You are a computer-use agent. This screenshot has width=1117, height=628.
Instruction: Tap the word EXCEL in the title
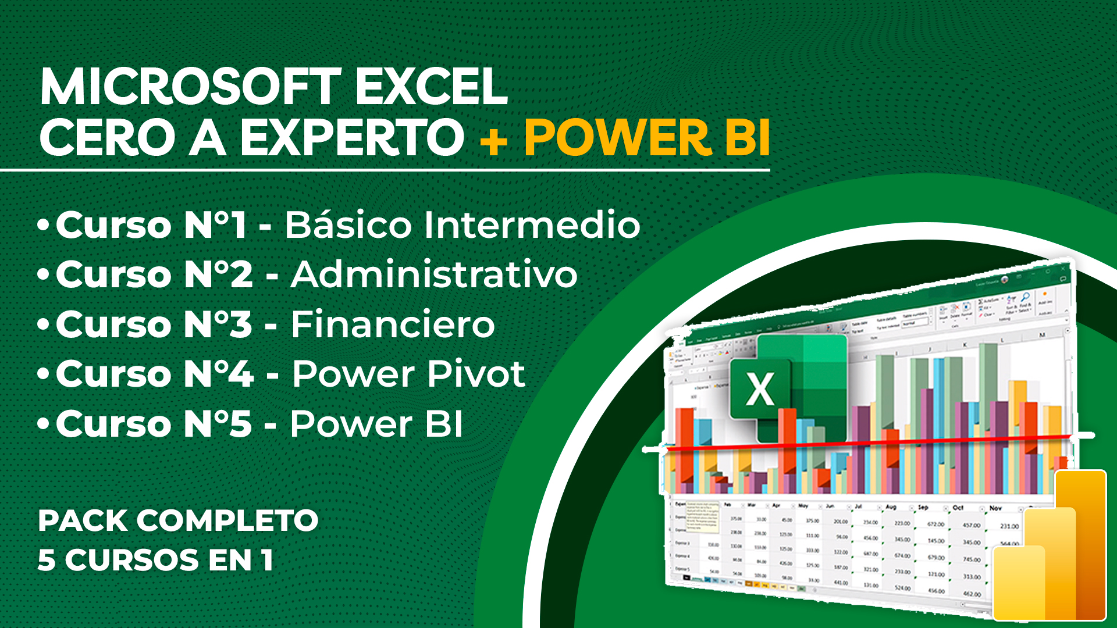tap(431, 87)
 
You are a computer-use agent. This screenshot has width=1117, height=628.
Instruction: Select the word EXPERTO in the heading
tap(352, 138)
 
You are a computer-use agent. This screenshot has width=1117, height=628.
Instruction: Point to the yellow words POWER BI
tap(647, 138)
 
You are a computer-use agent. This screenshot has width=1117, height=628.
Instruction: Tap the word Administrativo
tap(434, 274)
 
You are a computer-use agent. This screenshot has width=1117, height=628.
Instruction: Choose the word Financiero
tap(393, 324)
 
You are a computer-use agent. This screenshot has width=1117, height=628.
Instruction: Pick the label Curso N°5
tap(154, 424)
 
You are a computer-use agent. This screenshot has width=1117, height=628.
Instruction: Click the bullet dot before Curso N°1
tap(43, 226)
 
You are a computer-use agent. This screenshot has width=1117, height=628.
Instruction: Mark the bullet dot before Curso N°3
tap(43, 325)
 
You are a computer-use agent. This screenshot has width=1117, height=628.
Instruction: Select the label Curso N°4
tap(154, 374)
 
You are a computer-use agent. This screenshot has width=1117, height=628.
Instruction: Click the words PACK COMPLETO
tap(178, 520)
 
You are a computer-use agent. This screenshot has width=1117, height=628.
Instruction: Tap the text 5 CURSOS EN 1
tap(155, 560)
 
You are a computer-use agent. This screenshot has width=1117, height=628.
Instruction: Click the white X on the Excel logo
tap(760, 389)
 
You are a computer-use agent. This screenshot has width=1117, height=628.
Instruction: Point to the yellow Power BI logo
tap(1050, 547)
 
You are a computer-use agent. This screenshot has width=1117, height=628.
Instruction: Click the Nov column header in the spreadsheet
tap(995, 508)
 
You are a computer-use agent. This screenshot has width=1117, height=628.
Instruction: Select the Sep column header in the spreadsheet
tap(923, 507)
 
